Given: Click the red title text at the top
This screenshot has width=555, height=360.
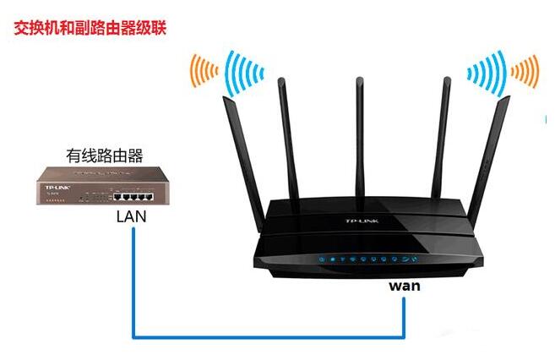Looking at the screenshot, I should (90, 28).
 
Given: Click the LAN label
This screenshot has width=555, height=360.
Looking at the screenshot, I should (131, 216).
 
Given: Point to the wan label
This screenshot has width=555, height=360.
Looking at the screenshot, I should (405, 286).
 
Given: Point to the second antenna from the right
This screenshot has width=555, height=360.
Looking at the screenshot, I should (439, 135).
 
